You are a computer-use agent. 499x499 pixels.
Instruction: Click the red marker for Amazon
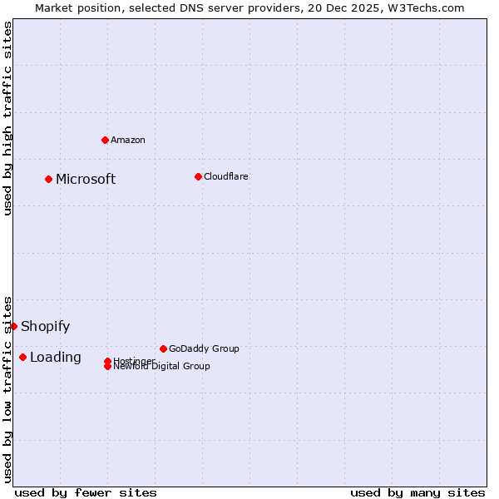(105, 140)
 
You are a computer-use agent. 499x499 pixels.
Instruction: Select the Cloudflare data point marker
(198, 176)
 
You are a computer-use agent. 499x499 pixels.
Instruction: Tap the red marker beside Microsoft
(49, 179)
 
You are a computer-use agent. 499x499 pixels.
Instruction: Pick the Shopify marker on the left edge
(14, 326)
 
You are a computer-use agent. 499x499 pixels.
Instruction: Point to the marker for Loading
(22, 357)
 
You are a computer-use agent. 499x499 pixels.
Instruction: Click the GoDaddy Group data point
(163, 348)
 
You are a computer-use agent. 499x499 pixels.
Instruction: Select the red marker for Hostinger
(108, 361)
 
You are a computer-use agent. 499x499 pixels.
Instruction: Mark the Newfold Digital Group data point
(108, 367)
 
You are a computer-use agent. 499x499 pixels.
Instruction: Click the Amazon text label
(128, 140)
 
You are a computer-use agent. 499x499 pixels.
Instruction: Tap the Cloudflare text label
(226, 176)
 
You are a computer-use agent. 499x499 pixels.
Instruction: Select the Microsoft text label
(86, 180)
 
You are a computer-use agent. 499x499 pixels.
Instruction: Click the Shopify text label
(46, 327)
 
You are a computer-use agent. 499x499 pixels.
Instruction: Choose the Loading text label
(56, 358)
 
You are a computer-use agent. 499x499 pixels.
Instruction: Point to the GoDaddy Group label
(204, 348)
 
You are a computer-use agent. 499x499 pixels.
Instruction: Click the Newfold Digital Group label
(163, 367)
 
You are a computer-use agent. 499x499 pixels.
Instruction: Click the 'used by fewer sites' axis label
(86, 492)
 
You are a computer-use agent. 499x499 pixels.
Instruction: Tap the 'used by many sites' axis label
(417, 492)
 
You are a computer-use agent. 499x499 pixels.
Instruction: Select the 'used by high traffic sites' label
(8, 118)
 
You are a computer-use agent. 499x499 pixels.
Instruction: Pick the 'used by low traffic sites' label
(8, 388)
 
